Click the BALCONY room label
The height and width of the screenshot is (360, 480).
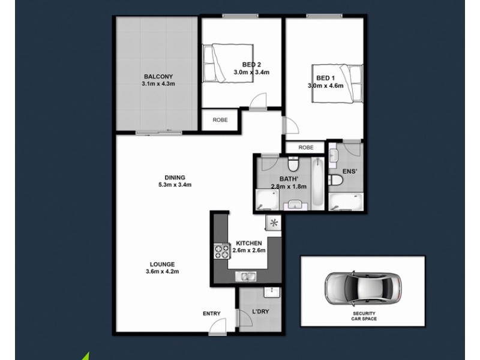coord(158,76)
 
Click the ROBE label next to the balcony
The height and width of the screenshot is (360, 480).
coord(220,119)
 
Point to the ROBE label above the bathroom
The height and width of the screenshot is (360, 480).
coord(306,148)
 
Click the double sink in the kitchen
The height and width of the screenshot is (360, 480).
coord(247,277)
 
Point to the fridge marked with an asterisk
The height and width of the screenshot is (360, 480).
coord(274,224)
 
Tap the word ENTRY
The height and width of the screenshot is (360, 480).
coord(212,313)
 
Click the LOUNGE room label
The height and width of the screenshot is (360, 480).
coord(163,264)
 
